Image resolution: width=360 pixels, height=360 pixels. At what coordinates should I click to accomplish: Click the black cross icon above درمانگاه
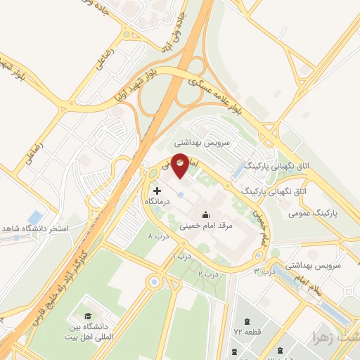pyautogui.click(x=156, y=191)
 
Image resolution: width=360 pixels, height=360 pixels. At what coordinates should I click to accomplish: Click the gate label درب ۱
pyautogui.click(x=181, y=257)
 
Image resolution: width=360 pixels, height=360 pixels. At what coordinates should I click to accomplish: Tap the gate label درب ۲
pyautogui.click(x=206, y=274)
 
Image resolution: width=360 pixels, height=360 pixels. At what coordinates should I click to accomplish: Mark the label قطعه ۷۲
pyautogui.click(x=247, y=330)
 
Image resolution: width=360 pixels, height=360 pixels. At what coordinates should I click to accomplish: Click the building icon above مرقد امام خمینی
pyautogui.click(x=205, y=215)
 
